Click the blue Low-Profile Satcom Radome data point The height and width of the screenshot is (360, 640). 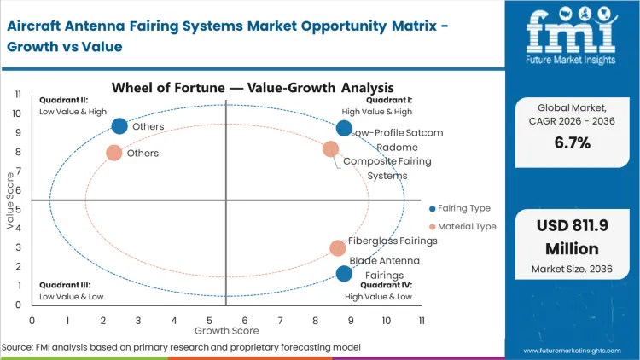pyautogui.click(x=344, y=128)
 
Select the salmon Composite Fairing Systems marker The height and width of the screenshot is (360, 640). pyautogui.click(x=331, y=149)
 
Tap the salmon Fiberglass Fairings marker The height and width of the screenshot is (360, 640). pyautogui.click(x=338, y=248)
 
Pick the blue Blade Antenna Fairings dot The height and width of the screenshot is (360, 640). pyautogui.click(x=344, y=274)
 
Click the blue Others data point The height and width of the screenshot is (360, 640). pyautogui.click(x=119, y=126)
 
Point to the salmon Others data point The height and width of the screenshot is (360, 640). pyautogui.click(x=114, y=153)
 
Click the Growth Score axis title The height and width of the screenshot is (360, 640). pyautogui.click(x=225, y=329)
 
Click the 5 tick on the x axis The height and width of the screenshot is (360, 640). pyautogui.click(x=208, y=320)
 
